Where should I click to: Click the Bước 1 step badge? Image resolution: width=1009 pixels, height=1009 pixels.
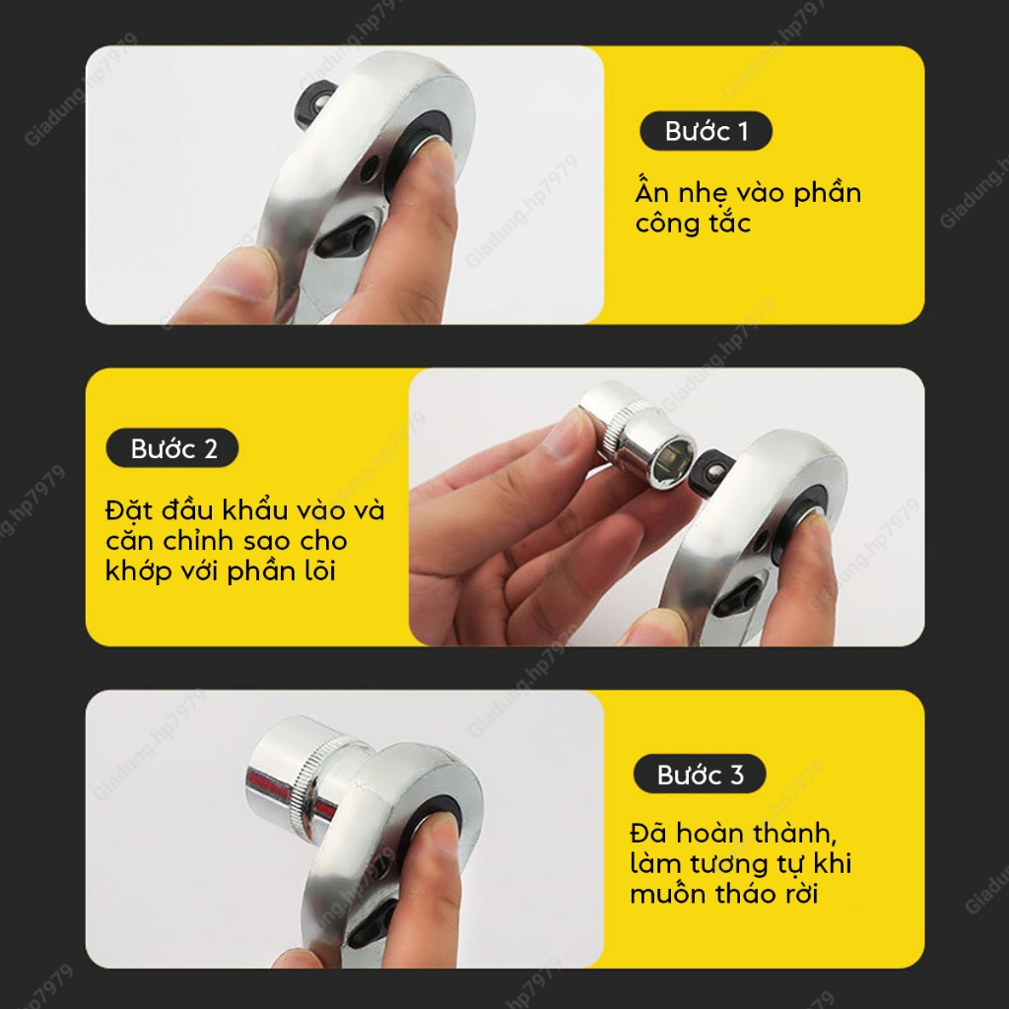point(706,131)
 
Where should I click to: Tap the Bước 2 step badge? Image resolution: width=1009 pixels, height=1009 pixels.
point(172,448)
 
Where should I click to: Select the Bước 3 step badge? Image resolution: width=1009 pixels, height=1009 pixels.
point(700,774)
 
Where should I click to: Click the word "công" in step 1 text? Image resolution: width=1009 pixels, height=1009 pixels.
point(667,224)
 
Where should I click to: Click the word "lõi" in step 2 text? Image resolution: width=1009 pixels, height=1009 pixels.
point(320,571)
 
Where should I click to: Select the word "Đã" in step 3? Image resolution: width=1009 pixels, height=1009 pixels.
point(648,833)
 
